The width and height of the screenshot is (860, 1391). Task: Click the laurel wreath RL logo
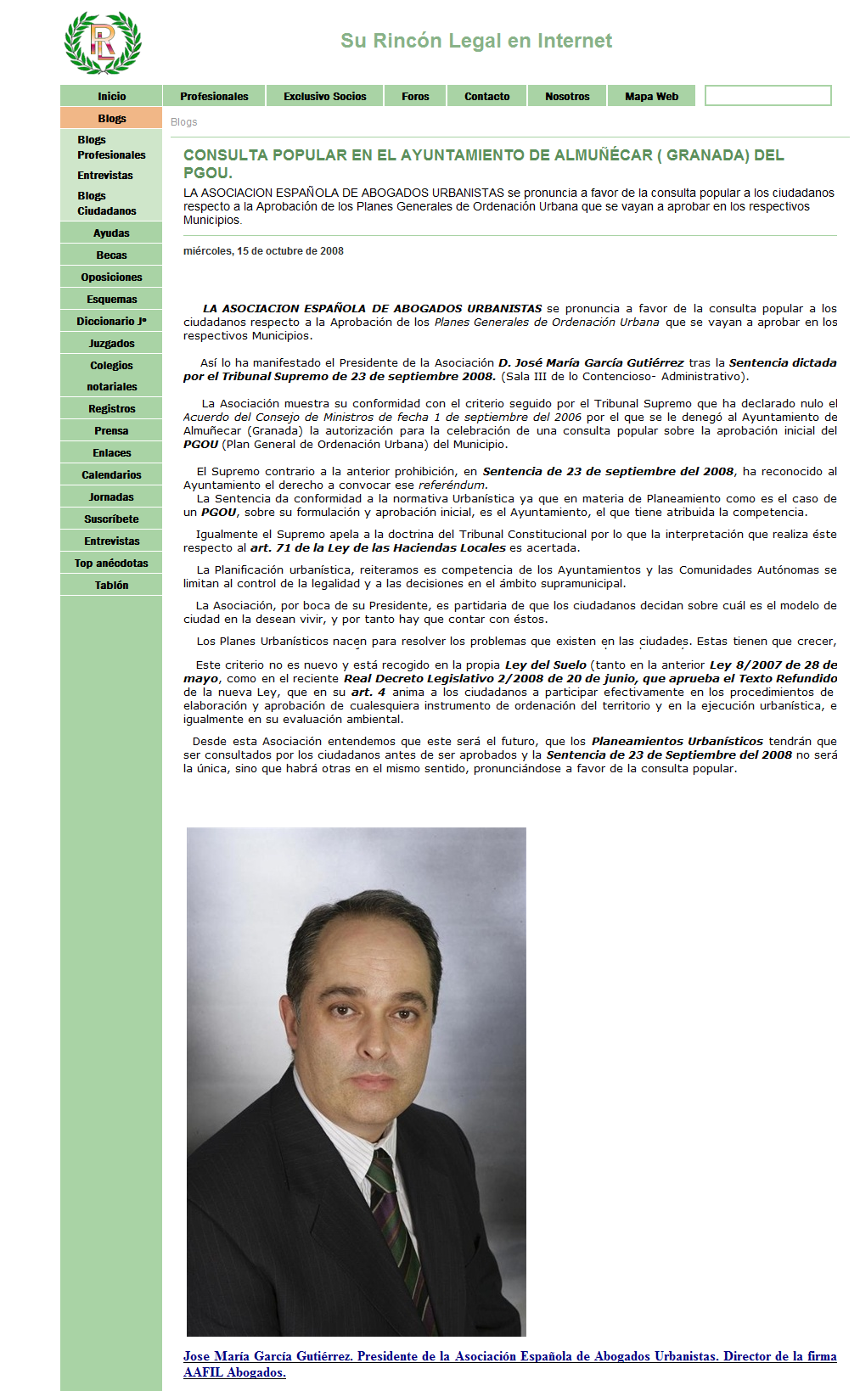[x=103, y=42]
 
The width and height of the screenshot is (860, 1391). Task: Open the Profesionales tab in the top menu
[x=214, y=96]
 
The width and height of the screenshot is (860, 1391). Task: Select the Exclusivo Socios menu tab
[x=325, y=96]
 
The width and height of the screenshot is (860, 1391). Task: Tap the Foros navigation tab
[x=415, y=96]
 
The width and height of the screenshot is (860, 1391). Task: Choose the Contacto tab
[x=486, y=96]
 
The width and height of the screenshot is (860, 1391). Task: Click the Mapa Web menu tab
[x=651, y=96]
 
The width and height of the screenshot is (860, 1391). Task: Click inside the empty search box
[x=767, y=96]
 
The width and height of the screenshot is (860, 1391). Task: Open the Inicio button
[x=111, y=96]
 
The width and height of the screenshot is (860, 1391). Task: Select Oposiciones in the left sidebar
[x=111, y=278]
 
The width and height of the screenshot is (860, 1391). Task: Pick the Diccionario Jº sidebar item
[x=111, y=322]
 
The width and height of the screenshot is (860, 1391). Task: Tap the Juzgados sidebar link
[x=111, y=344]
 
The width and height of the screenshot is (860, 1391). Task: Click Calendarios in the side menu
[x=111, y=475]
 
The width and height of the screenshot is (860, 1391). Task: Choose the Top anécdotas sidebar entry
[x=111, y=564]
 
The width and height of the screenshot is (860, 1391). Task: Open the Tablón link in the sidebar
[x=111, y=586]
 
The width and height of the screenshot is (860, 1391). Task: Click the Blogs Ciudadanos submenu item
[x=106, y=204]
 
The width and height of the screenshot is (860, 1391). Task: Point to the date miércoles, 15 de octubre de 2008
[x=263, y=251]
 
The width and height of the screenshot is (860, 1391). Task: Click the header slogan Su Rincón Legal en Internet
[x=475, y=41]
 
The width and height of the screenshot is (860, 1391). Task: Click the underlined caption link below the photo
[x=509, y=1356]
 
